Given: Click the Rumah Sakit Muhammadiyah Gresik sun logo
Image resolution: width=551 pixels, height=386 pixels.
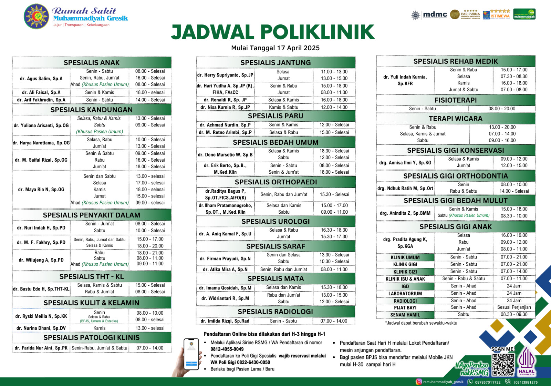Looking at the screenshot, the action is (x=37, y=16).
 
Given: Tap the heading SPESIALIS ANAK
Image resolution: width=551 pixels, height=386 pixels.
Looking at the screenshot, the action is (x=92, y=63).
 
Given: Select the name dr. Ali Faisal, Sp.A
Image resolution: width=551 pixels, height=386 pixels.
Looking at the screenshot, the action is (x=41, y=92).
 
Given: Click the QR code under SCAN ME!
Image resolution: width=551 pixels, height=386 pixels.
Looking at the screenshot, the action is (x=503, y=364).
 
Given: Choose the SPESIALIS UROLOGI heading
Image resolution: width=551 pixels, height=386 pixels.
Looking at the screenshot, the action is (x=275, y=222).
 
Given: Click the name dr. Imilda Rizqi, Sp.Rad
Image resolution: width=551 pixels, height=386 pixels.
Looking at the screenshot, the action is (x=225, y=321).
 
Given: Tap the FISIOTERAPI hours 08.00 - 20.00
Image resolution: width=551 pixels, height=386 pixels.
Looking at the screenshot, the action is (x=502, y=109).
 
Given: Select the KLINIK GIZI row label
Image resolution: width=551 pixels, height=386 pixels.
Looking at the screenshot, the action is (x=405, y=272).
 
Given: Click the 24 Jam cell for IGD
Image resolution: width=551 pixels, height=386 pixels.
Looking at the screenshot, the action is (x=514, y=286).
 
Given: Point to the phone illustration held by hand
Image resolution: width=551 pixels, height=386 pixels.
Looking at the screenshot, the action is (x=191, y=355).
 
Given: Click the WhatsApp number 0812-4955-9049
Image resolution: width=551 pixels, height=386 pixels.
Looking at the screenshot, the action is (x=227, y=349).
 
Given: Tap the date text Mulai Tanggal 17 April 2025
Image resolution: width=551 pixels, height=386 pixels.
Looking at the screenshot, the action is (x=275, y=48).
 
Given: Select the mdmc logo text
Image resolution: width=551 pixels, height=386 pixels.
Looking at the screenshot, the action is (x=435, y=14).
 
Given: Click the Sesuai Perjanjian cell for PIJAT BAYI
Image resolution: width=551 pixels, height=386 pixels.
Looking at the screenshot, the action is (x=514, y=307).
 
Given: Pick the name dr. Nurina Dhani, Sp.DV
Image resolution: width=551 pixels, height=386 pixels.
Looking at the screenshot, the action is (x=41, y=328).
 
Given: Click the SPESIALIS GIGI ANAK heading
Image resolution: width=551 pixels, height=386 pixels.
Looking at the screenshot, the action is (x=455, y=227).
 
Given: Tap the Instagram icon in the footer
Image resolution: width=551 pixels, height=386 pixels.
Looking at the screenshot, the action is (x=419, y=382).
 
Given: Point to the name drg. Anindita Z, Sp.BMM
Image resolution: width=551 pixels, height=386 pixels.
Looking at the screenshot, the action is (x=405, y=213).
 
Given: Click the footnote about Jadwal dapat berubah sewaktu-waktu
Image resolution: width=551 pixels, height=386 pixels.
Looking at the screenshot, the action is (x=421, y=323).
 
